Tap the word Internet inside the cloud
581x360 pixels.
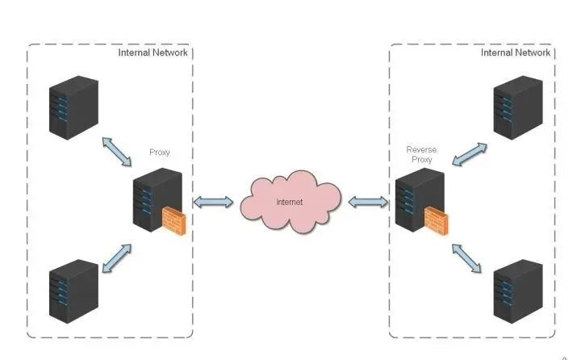click(x=290, y=202)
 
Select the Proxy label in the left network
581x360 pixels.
click(x=160, y=152)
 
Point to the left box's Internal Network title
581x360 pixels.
click(x=153, y=52)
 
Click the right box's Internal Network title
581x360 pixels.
click(x=516, y=52)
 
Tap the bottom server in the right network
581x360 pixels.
click(x=517, y=290)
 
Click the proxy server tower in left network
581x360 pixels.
click(x=153, y=198)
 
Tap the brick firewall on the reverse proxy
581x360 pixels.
click(x=437, y=220)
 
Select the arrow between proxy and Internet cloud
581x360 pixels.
click(x=213, y=202)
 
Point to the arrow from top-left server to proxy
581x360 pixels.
click(x=117, y=152)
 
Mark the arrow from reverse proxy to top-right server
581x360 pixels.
click(x=469, y=155)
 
